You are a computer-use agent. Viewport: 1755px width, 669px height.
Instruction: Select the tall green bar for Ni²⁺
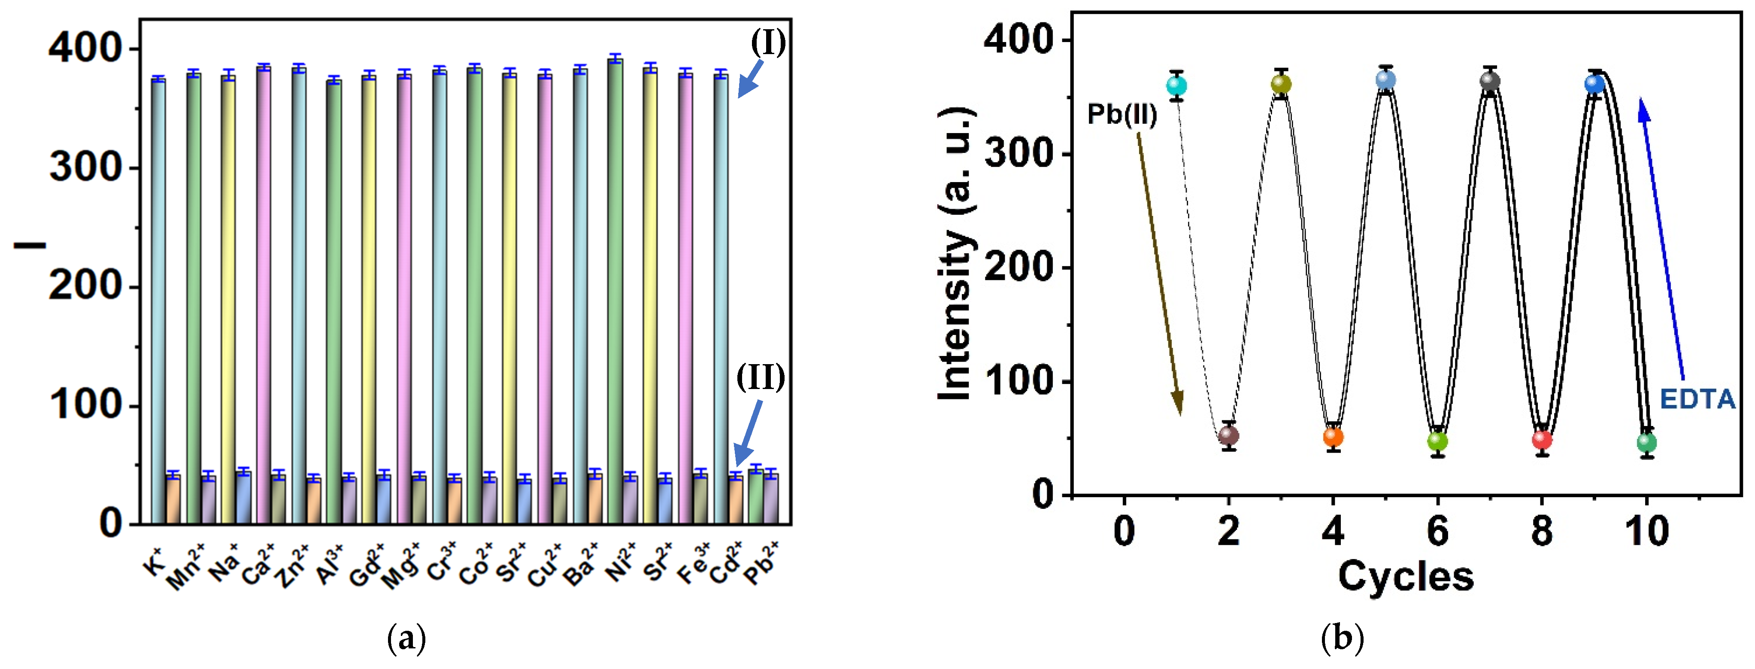coord(615,293)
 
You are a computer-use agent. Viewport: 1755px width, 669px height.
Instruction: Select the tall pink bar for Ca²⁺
coord(264,293)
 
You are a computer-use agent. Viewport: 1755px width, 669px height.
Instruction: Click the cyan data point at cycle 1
coord(1176,86)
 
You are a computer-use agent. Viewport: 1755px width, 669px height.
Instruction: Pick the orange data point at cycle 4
coord(1333,437)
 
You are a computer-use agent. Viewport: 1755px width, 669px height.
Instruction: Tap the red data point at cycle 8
coord(1542,439)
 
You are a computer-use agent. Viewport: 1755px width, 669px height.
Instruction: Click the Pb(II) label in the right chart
coord(1122,114)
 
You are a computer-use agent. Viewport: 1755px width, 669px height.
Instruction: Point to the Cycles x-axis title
coord(1406,576)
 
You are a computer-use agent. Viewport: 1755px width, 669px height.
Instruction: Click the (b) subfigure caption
coord(1342,639)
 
